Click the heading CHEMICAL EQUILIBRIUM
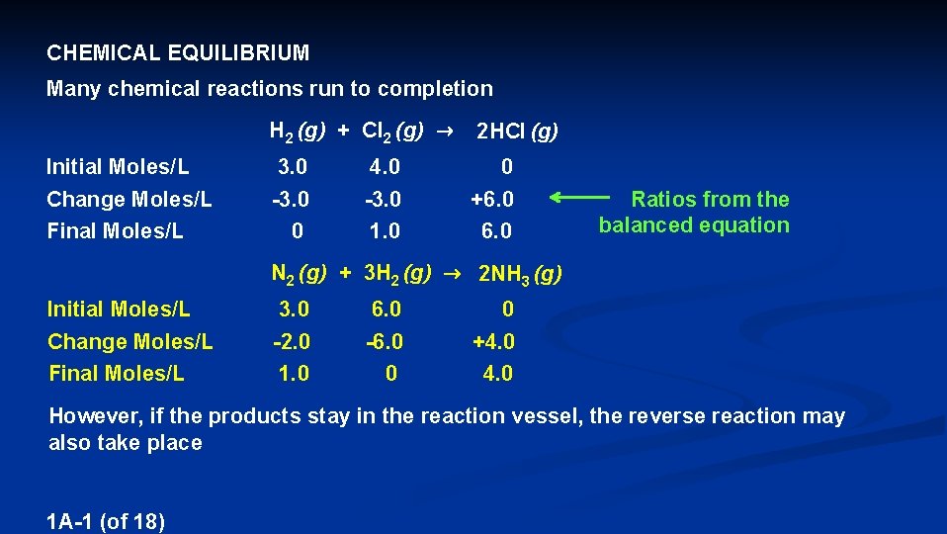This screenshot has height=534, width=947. coord(178,52)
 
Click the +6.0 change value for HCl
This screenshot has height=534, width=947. coord(492,199)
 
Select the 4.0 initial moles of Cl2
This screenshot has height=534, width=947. coord(382,167)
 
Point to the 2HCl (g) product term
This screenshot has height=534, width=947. coord(517,131)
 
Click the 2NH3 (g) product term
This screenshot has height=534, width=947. coord(520,274)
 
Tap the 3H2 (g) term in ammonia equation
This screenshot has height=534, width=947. coord(396,273)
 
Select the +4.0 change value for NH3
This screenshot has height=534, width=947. coord(493,342)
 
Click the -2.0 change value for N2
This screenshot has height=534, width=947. coord(292,342)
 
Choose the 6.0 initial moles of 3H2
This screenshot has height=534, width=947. coord(386,310)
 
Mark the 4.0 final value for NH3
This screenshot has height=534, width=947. coord(497,374)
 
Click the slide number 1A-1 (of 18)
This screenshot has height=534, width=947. coord(106,521)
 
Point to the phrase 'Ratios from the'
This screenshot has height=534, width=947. coord(710,200)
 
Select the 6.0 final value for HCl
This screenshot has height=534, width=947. coord(496,230)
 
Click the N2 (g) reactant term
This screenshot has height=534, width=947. coord(300,273)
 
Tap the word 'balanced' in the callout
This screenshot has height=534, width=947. coord(642,225)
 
